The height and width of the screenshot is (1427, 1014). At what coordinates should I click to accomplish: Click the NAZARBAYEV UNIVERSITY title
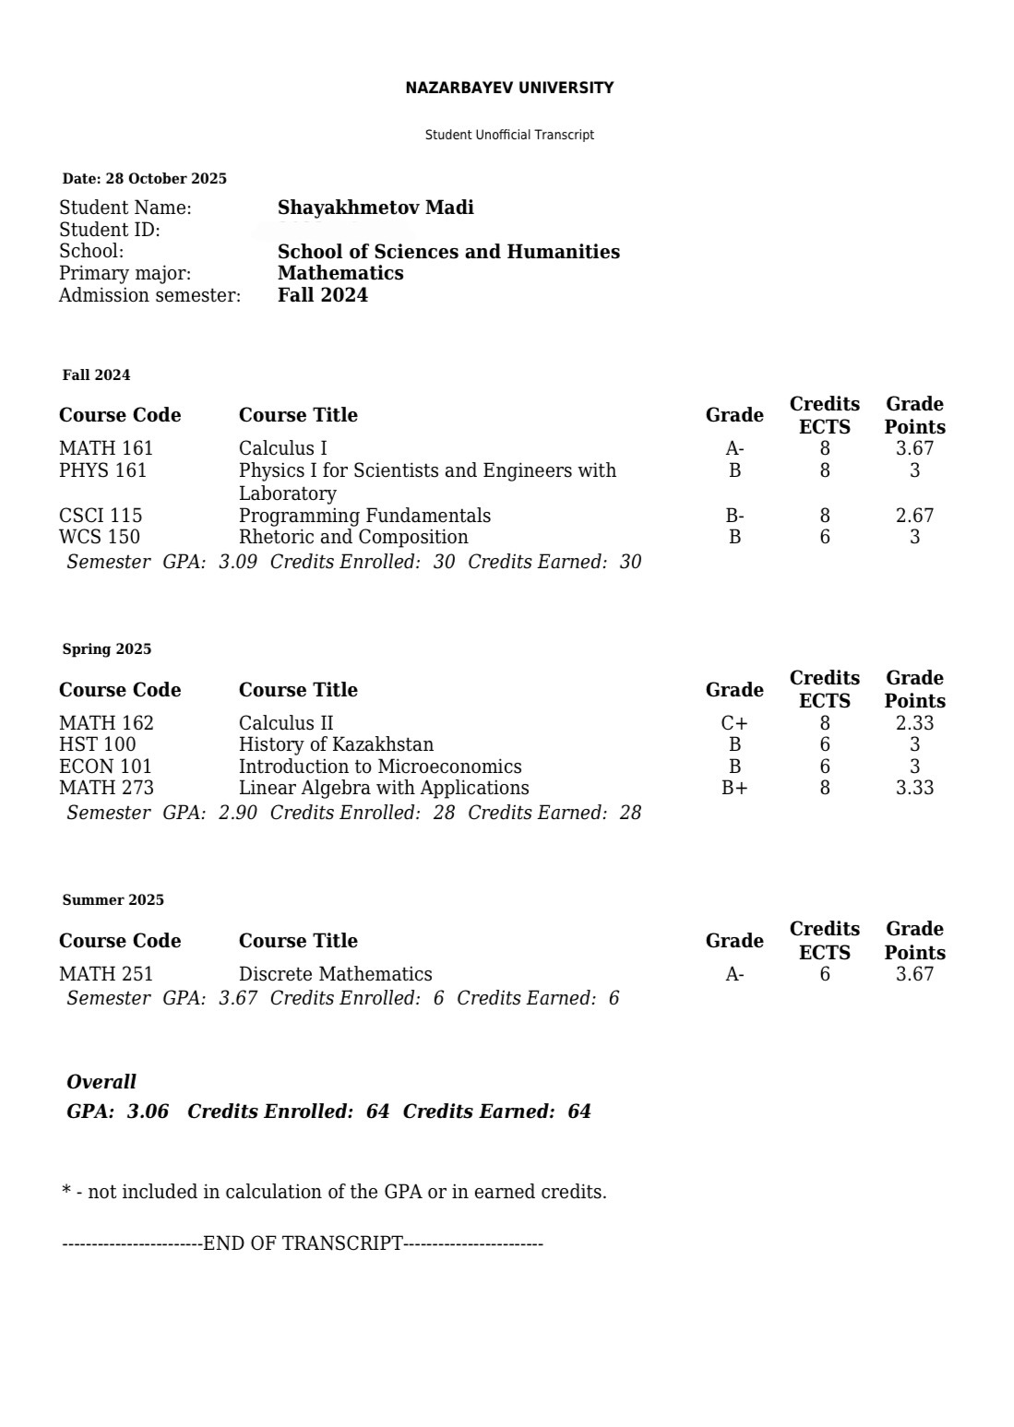point(509,88)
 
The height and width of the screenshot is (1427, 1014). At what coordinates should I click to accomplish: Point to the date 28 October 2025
point(166,178)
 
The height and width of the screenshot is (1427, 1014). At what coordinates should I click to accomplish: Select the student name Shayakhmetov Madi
point(376,208)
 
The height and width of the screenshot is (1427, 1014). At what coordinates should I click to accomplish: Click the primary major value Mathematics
point(340,273)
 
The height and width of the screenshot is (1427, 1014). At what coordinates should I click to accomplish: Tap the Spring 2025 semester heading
point(107,649)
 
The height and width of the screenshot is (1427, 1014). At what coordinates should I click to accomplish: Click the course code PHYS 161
point(102,470)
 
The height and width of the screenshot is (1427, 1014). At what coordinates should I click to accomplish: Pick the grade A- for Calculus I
point(734,449)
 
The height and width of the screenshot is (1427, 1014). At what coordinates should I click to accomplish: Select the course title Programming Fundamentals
point(364,516)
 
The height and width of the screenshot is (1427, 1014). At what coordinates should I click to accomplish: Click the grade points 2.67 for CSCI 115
point(914,516)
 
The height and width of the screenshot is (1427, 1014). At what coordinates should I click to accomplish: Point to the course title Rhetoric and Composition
point(353,537)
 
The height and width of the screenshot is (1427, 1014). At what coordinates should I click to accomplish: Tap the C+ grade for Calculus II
point(734,723)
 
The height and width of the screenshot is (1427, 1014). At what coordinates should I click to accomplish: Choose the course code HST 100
point(97,744)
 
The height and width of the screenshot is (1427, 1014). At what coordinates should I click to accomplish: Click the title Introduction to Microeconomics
point(380,767)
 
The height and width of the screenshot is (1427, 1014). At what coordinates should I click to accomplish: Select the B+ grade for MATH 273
point(734,788)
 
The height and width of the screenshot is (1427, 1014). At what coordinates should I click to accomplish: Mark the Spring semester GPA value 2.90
point(238,813)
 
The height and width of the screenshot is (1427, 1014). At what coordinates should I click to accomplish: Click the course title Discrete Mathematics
point(335,974)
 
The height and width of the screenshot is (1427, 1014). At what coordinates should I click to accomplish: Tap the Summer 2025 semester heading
point(113,900)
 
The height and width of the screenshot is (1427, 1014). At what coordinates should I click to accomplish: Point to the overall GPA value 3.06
point(148,1112)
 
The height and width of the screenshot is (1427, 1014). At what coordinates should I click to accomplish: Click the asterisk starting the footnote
point(66,1191)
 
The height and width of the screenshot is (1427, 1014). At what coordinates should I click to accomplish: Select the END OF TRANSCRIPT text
point(303,1243)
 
